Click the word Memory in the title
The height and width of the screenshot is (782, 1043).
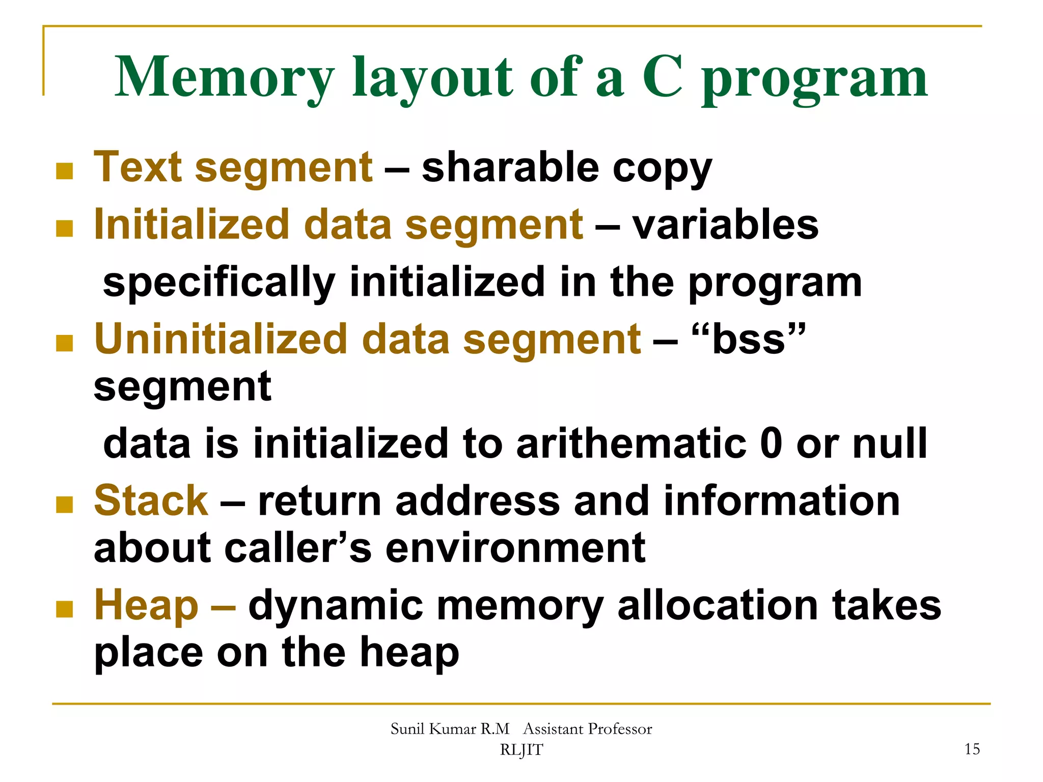pos(224,77)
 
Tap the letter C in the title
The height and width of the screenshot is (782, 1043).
pos(662,77)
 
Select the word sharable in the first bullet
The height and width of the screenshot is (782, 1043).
pos(510,168)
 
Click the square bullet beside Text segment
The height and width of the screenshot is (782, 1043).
pos(64,171)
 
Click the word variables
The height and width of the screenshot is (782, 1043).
pos(725,225)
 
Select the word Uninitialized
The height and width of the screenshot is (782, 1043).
pos(221,339)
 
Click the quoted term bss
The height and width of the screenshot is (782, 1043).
pos(749,339)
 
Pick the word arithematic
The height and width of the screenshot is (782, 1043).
pos(631,443)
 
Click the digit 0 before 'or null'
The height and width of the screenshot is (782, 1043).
pos(771,443)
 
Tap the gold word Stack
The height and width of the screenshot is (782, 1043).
pos(151,501)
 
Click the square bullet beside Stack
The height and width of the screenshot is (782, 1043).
pos(64,505)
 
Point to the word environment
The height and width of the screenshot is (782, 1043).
pos(515,548)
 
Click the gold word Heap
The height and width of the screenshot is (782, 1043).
pos(146,605)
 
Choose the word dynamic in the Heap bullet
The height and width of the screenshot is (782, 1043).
pos(336,606)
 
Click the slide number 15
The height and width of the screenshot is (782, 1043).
pos(972,749)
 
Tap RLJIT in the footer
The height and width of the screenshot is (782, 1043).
pos(521,750)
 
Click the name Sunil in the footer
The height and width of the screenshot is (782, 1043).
pos(407,729)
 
